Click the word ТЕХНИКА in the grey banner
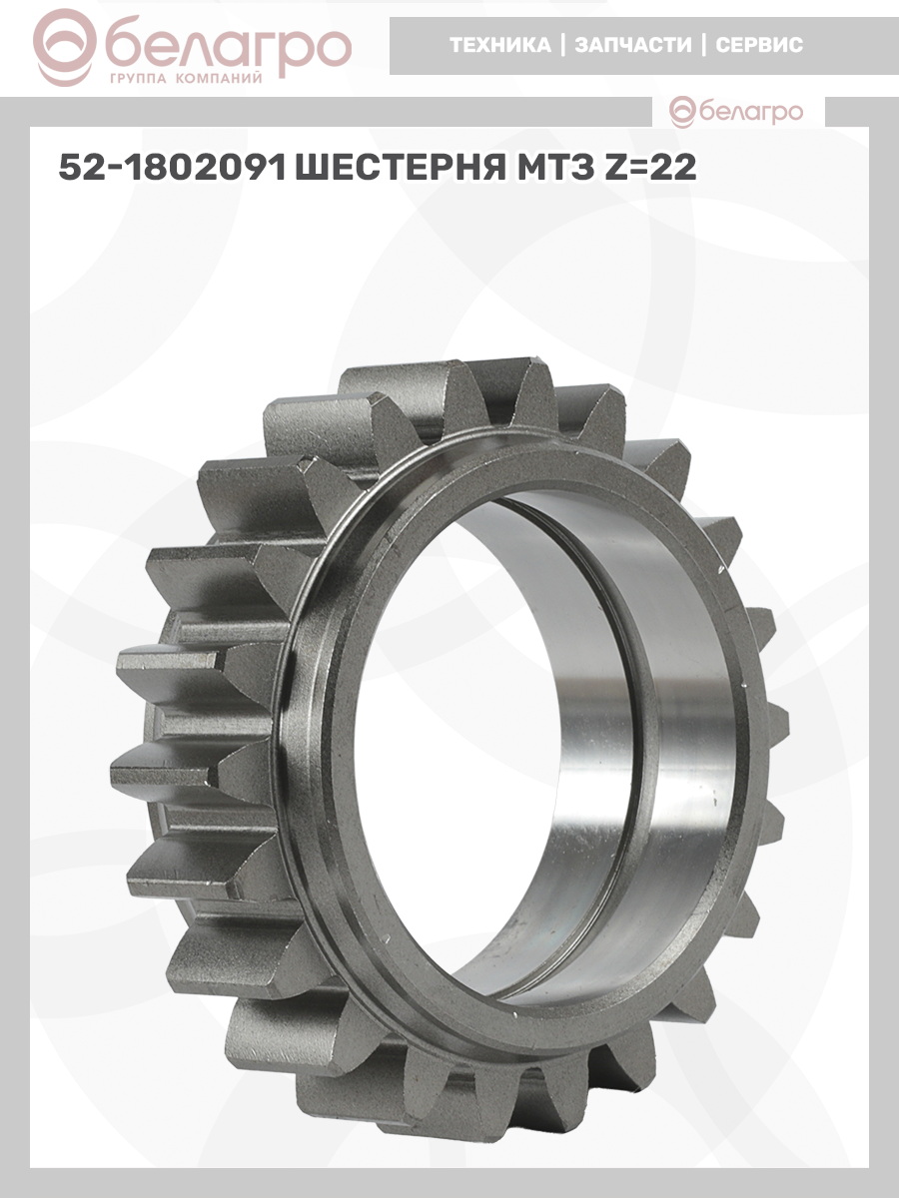[500, 45]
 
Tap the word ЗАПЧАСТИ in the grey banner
[633, 45]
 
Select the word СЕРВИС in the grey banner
[759, 45]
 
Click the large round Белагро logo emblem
[64, 47]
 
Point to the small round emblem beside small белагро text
[683, 112]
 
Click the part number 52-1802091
[173, 167]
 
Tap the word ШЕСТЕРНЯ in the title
[400, 167]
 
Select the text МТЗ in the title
[553, 167]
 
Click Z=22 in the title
[649, 167]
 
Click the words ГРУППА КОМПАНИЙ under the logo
[186, 79]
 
